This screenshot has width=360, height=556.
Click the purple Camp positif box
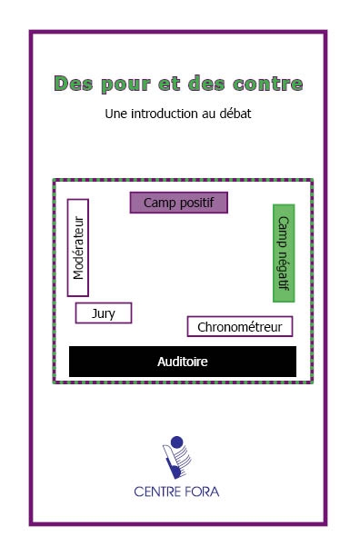coord(178,203)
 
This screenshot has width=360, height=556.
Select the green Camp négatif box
coord(284,253)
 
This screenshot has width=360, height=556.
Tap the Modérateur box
coord(78,247)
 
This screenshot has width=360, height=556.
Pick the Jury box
coord(104,313)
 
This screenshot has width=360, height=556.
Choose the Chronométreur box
coord(240,326)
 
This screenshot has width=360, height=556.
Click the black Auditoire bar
coord(182,362)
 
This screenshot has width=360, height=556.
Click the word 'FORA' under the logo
coord(201,492)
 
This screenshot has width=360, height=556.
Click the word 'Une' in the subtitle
coord(116,115)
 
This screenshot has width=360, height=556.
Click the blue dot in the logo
coord(177,443)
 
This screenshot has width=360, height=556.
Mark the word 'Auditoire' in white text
coord(182,362)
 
